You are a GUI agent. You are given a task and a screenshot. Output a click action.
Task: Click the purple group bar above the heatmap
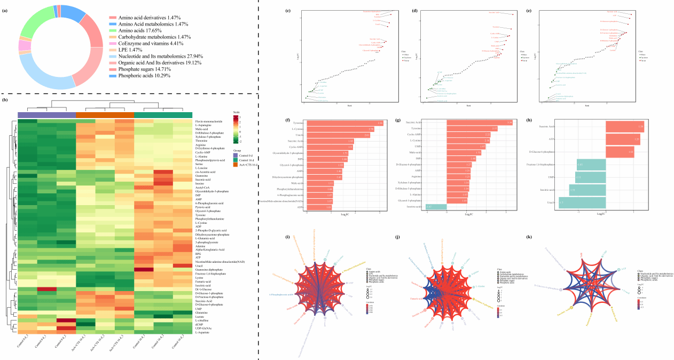pyautogui.click(x=47, y=115)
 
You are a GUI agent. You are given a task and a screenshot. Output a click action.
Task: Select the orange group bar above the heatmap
pyautogui.click(x=105, y=115)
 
